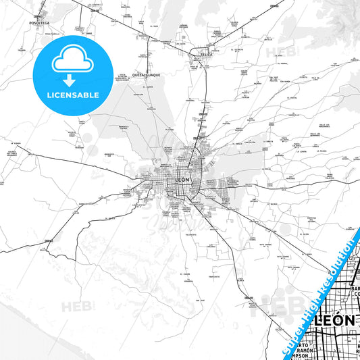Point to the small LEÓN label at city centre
(182, 181)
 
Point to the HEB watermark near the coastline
(74, 307)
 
